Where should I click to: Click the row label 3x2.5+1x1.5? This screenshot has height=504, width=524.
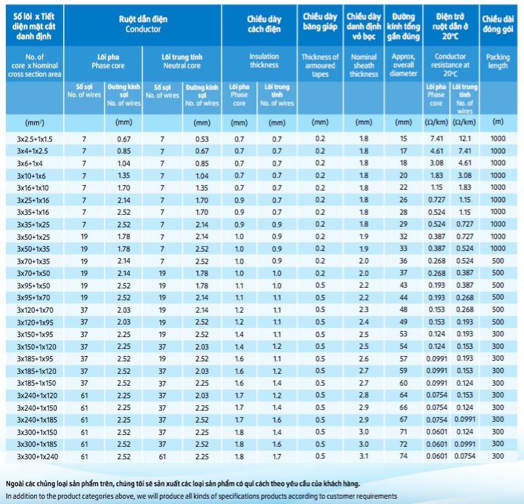[35, 139]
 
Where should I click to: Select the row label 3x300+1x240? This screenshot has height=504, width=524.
[37, 457]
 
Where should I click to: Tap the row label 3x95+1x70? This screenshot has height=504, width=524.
[34, 298]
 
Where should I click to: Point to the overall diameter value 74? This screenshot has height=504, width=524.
[404, 456]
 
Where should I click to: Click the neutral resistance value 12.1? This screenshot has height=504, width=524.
[465, 139]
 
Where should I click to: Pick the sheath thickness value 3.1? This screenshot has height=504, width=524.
[364, 456]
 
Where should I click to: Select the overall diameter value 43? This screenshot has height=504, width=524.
[404, 285]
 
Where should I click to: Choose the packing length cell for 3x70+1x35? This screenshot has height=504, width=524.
[498, 261]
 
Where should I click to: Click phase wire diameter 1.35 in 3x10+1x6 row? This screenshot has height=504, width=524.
[124, 175]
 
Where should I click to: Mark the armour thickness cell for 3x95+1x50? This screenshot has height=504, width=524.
[320, 285]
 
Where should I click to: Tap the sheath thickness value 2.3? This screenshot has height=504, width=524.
[364, 309]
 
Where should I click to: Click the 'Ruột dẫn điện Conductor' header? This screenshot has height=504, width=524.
[143, 24]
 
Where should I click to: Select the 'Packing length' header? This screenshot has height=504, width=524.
[498, 61]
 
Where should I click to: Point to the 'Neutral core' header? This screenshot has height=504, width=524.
[182, 66]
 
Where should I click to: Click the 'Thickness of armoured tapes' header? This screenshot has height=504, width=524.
[320, 66]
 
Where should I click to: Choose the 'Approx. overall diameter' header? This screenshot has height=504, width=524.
[404, 65]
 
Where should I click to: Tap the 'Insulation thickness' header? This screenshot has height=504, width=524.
[264, 60]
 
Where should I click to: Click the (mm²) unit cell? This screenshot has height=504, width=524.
[34, 123]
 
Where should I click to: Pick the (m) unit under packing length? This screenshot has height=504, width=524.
[498, 122]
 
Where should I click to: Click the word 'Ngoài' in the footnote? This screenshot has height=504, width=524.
[14, 484]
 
